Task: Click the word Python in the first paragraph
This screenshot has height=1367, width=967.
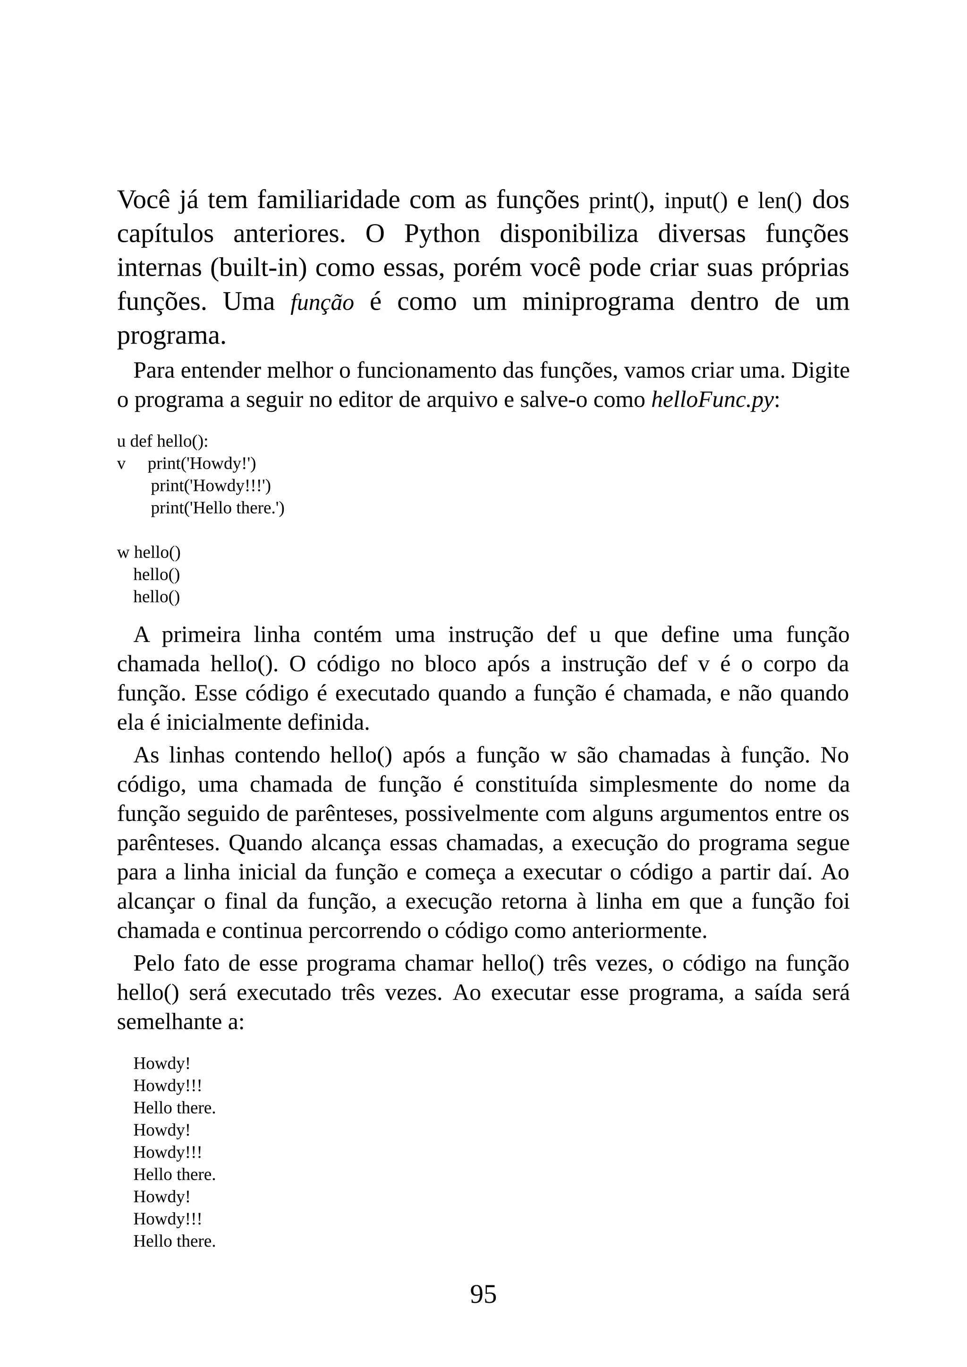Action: (x=442, y=234)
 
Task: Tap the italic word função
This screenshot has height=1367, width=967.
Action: (x=322, y=303)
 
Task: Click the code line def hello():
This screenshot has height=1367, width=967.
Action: (x=169, y=441)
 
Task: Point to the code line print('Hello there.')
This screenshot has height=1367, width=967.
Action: (x=217, y=508)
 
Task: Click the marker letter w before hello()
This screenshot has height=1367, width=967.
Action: (x=123, y=553)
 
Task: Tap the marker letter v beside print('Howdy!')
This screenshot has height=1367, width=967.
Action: (x=121, y=464)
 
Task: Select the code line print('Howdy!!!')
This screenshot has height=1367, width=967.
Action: (x=211, y=486)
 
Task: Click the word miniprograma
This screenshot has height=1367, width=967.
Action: (x=598, y=303)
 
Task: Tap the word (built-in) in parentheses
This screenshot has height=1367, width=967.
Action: (x=258, y=269)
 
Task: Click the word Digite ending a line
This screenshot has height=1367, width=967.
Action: (x=821, y=371)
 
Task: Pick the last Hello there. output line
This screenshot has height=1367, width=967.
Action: (x=174, y=1241)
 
